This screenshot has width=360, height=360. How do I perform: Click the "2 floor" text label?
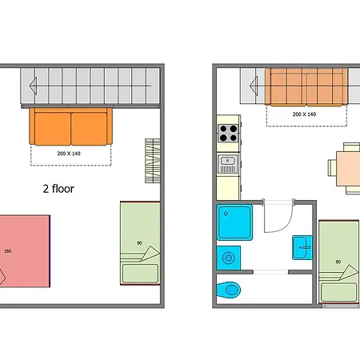coord(58,189)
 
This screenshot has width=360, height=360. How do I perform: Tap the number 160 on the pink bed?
coord(8,251)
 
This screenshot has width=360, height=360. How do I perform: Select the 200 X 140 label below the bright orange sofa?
coord(69,154)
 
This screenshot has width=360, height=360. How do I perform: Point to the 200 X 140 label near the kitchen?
coord(304,114)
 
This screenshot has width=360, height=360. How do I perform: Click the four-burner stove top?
coord(228,134)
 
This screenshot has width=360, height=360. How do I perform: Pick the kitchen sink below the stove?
coord(228,164)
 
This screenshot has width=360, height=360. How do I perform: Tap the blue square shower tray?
coord(234,222)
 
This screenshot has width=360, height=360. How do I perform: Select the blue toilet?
coord(229,290)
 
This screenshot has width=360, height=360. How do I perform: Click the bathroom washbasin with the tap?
coord(302,247)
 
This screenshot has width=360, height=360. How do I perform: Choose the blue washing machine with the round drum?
coord(229,258)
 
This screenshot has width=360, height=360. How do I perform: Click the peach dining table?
coord(348,169)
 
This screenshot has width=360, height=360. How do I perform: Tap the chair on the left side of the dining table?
coord(332,168)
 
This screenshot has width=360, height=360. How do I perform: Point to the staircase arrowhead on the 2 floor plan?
coord(33,86)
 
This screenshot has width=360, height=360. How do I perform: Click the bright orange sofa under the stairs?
coord(70,126)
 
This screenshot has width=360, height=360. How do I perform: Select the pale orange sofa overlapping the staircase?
coord(306,86)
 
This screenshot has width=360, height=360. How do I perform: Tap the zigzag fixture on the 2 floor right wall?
coord(153,161)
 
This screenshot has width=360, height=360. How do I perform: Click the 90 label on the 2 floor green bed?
coord(139,243)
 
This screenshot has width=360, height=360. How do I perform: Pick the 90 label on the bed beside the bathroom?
coord(338,262)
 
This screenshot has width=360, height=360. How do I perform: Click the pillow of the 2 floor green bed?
coord(140,274)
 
